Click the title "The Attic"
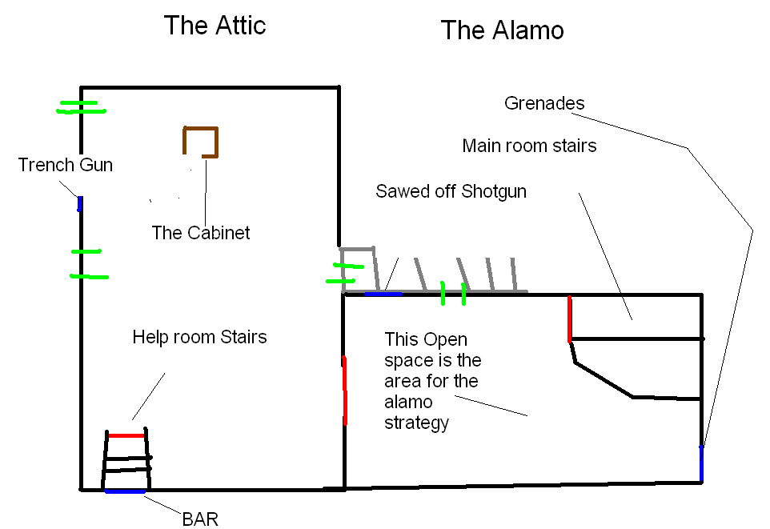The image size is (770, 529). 215,26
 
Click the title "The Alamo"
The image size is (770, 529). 502,31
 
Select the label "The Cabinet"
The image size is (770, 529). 201,233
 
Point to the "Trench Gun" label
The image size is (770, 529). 66,166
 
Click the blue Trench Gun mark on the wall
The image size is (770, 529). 79,204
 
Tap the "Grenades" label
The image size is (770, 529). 544,103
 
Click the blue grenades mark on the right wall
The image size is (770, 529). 701,463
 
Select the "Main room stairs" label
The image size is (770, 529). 529,146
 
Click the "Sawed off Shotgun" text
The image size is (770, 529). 451,192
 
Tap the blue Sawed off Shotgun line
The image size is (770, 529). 383,294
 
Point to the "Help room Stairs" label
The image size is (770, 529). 199,337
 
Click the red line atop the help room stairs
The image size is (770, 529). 126,435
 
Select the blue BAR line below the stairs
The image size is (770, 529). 125,491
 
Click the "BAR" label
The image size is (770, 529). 200,519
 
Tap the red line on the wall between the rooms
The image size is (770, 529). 344,390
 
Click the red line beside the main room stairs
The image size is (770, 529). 569,319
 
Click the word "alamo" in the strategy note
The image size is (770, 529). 408,402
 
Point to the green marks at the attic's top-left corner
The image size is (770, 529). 80,107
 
